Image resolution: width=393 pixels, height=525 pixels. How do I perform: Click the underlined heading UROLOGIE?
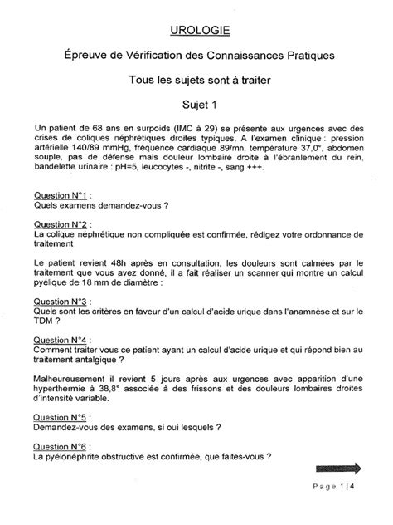point(196,31)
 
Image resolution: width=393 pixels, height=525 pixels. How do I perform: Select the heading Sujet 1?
point(196,105)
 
